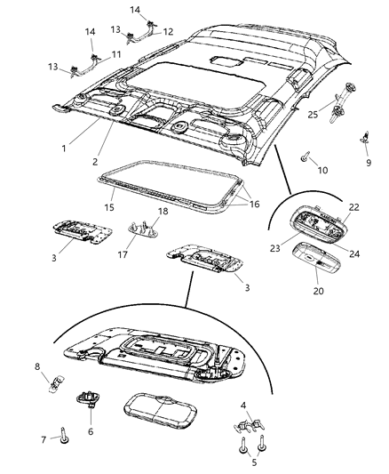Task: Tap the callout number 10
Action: [322, 169]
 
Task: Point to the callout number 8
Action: [61, 366]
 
